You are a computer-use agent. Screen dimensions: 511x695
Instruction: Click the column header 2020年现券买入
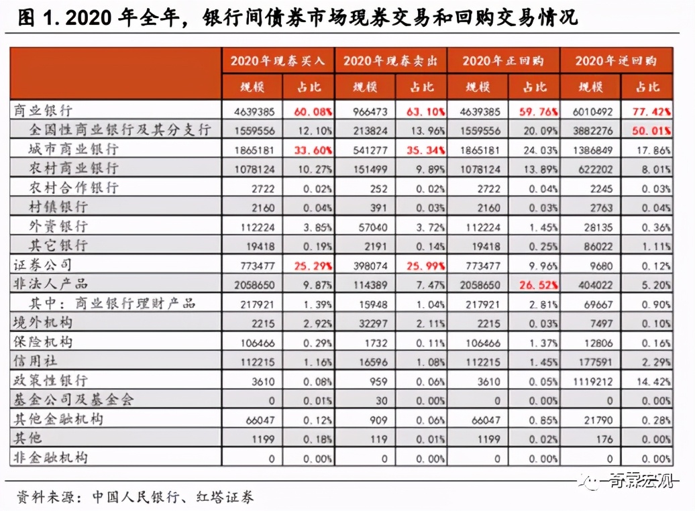[278, 61]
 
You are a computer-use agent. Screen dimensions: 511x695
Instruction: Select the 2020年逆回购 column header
[615, 61]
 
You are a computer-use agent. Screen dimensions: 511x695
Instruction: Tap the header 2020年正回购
[502, 61]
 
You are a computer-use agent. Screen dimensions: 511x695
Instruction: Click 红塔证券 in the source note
[224, 497]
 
